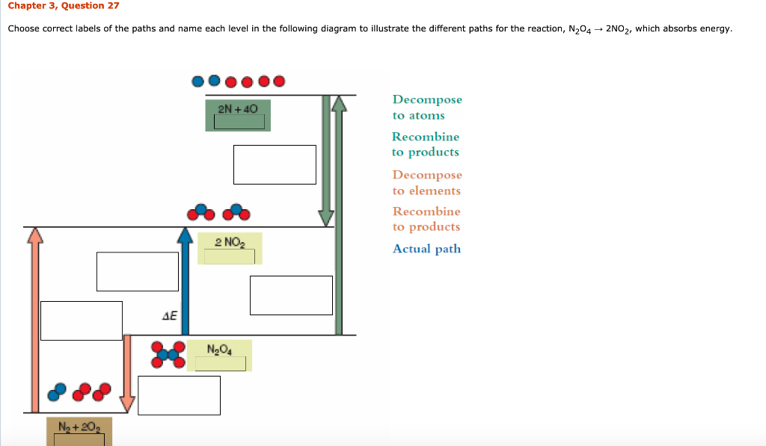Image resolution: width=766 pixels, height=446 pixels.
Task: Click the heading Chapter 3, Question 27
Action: click(x=64, y=6)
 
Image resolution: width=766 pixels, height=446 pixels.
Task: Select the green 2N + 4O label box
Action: click(x=238, y=116)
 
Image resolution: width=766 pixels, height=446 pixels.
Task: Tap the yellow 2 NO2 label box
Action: click(x=230, y=248)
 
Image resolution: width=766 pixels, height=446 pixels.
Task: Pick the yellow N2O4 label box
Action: click(x=220, y=356)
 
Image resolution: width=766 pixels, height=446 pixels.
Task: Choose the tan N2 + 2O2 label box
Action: click(x=79, y=431)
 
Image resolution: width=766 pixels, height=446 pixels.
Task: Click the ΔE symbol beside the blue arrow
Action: click(x=170, y=316)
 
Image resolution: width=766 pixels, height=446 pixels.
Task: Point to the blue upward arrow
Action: click(x=185, y=284)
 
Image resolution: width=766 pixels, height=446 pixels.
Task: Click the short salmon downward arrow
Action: click(x=128, y=374)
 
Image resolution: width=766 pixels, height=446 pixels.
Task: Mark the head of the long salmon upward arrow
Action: click(x=33, y=236)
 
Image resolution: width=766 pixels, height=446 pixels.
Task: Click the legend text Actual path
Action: click(x=426, y=250)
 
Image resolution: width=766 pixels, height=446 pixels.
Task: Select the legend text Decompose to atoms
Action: click(x=427, y=108)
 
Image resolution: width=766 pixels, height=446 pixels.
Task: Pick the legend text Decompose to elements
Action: click(x=427, y=183)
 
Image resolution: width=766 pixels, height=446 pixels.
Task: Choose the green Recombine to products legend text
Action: click(x=426, y=144)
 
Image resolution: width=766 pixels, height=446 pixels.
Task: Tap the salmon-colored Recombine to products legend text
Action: click(x=426, y=219)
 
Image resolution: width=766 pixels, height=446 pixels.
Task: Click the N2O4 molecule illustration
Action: click(x=168, y=355)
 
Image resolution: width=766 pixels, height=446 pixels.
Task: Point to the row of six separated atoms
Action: click(x=238, y=81)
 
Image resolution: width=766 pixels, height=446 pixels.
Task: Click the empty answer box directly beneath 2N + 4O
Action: click(x=275, y=164)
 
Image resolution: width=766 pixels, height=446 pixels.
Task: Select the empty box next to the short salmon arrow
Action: click(x=179, y=395)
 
